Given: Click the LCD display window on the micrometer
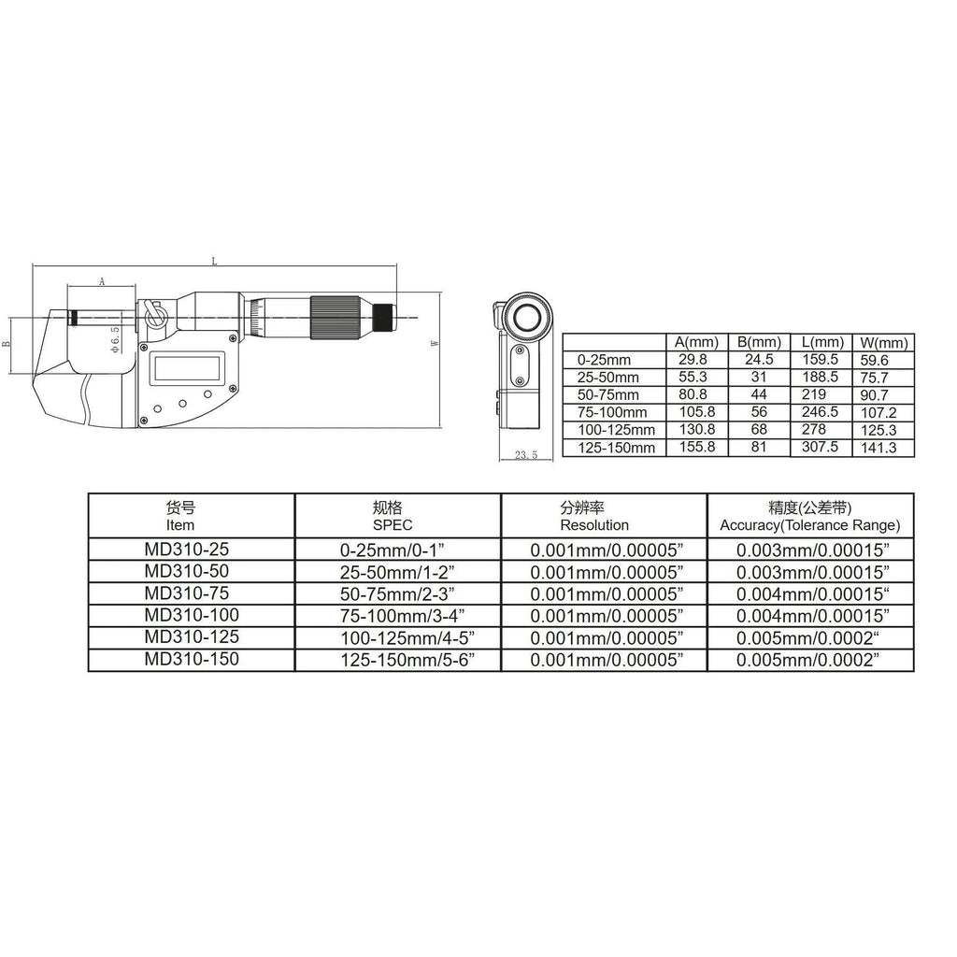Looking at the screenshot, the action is click(x=187, y=367).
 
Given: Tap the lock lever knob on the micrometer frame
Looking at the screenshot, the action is click(x=155, y=314).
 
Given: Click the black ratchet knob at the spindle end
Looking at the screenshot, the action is click(x=384, y=318).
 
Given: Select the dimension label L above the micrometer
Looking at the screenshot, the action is click(x=214, y=262).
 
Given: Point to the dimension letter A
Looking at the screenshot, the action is click(x=102, y=281).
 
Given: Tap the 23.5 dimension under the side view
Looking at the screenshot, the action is click(x=525, y=455).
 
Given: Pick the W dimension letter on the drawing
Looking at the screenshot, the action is click(x=435, y=343).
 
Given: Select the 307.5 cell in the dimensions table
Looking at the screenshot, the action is click(x=820, y=447).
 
